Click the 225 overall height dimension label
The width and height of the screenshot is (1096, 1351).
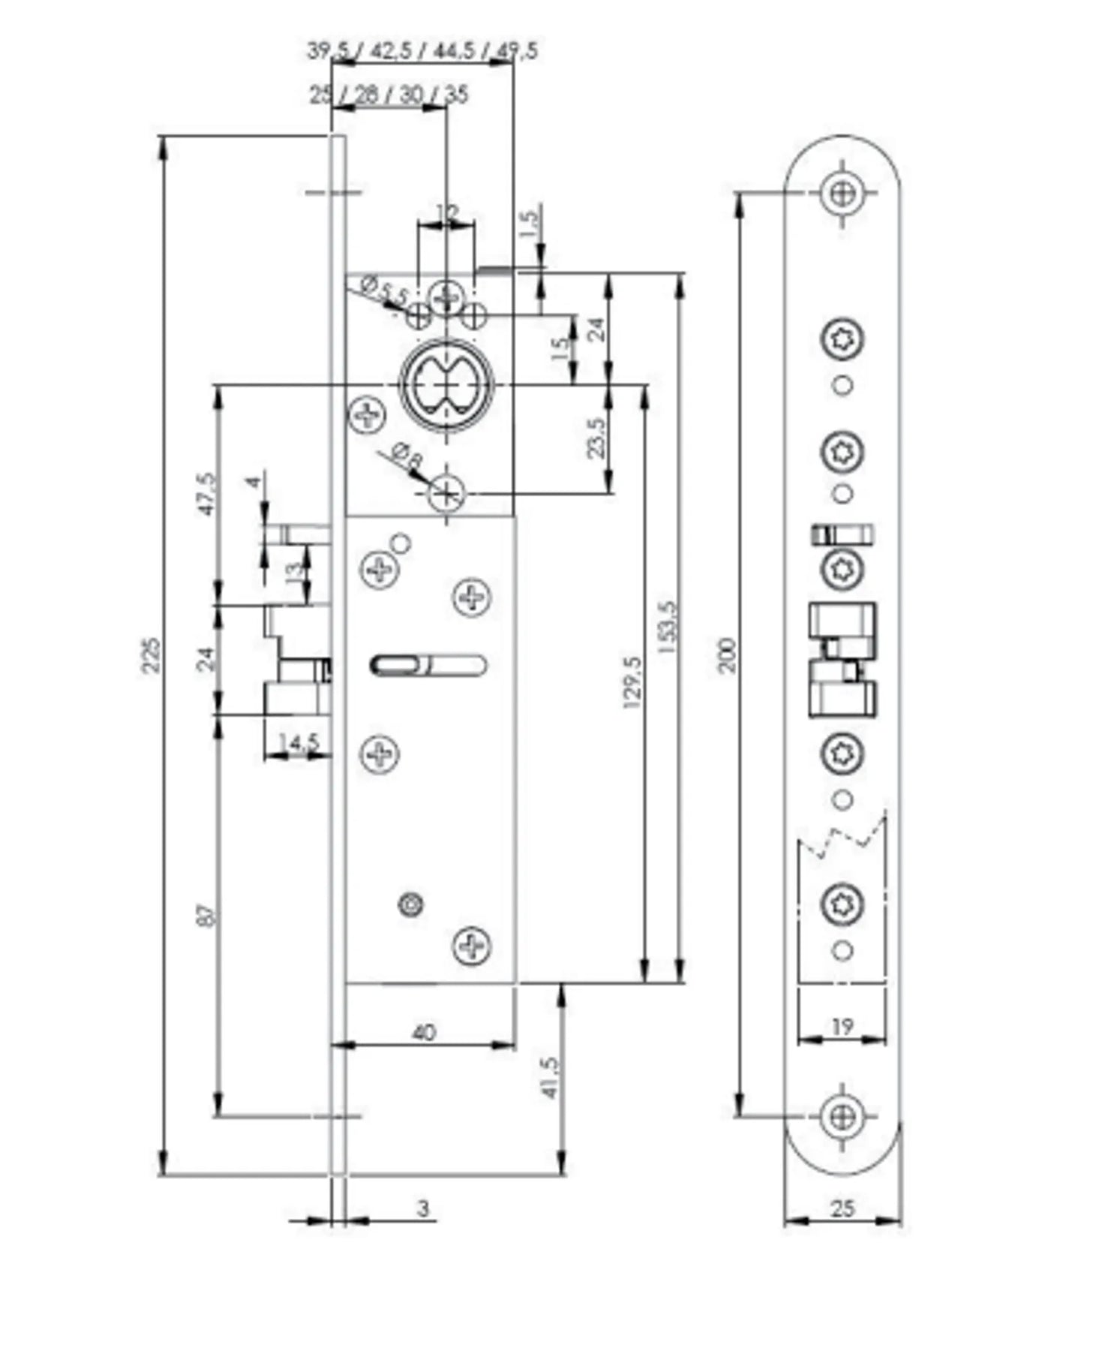(150, 655)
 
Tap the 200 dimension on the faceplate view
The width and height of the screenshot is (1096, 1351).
(728, 654)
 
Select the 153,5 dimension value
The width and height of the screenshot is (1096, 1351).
(670, 627)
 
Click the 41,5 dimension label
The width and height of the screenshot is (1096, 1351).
(550, 1078)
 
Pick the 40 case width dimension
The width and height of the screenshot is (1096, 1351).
(424, 1033)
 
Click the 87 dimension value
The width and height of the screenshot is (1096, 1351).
(208, 916)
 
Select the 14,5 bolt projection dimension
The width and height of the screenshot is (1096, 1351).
(299, 742)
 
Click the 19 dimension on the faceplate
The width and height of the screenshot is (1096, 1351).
(842, 1026)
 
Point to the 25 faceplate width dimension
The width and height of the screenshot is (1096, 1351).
(842, 1208)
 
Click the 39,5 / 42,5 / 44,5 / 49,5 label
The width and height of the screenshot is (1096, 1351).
(422, 52)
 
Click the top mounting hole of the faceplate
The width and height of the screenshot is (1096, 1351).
(843, 193)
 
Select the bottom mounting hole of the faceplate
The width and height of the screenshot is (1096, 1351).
(843, 1116)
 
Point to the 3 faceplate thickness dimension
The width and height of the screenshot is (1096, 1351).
(424, 1208)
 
